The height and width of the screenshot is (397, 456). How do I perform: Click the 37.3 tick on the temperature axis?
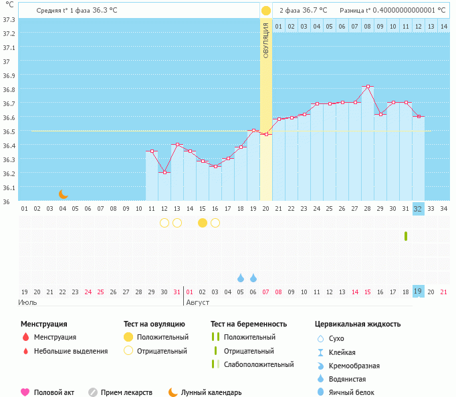pyautogui.click(x=9, y=19)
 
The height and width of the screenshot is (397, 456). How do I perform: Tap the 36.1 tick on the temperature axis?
pyautogui.click(x=9, y=187)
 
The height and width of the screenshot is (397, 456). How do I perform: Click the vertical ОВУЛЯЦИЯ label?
pyautogui.click(x=266, y=40)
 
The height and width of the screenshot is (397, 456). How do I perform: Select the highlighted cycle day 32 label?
pyautogui.click(x=418, y=209)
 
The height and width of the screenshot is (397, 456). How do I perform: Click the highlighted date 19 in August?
pyautogui.click(x=418, y=292)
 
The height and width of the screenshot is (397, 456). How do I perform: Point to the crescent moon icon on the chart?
pyautogui.click(x=63, y=193)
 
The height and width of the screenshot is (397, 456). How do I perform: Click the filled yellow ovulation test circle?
pyautogui.click(x=203, y=223)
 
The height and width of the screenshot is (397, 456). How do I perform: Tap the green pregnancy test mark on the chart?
pyautogui.click(x=406, y=236)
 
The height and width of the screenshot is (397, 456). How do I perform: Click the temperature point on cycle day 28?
pyautogui.click(x=367, y=87)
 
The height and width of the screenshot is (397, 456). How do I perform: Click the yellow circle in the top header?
pyautogui.click(x=266, y=11)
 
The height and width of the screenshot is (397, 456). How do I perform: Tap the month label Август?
pyautogui.click(x=198, y=303)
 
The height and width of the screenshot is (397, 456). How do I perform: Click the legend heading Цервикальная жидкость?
pyautogui.click(x=358, y=324)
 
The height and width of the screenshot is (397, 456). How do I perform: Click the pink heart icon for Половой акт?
pyautogui.click(x=25, y=392)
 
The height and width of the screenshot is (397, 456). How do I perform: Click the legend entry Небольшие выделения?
pyautogui.click(x=71, y=351)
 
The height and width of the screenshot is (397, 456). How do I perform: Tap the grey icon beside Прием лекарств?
pyautogui.click(x=93, y=392)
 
